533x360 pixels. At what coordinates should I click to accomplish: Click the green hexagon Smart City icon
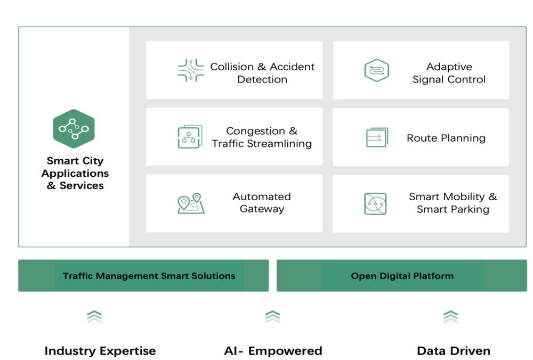tap(74, 129)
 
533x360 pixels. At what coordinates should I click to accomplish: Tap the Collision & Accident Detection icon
tap(191, 70)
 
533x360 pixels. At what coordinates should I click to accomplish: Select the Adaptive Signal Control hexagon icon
tap(376, 70)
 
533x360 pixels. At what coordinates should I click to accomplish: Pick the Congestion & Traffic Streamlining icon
tap(190, 136)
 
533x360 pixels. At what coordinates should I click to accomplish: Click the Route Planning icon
tap(377, 137)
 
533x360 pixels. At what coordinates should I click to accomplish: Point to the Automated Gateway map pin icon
tap(191, 203)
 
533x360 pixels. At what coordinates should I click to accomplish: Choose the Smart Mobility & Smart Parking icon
tap(375, 204)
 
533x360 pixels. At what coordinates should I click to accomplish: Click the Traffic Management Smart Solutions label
tap(149, 276)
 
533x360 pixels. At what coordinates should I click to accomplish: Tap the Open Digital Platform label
tap(402, 276)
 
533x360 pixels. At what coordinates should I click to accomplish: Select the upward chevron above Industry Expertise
tap(94, 316)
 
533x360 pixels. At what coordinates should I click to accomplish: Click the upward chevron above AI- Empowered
tap(272, 316)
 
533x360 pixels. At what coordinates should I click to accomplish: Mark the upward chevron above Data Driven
tap(451, 316)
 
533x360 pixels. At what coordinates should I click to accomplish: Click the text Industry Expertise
tap(100, 351)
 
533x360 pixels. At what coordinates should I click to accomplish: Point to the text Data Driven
tap(454, 351)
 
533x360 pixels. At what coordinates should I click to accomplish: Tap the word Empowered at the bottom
tap(285, 351)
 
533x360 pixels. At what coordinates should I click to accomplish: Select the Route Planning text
tap(446, 138)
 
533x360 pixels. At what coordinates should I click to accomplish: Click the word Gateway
tap(262, 209)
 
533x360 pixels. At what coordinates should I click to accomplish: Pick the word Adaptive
tap(449, 67)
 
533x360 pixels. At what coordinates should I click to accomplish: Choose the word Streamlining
tap(279, 144)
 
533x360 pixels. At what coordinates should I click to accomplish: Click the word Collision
tap(232, 67)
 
